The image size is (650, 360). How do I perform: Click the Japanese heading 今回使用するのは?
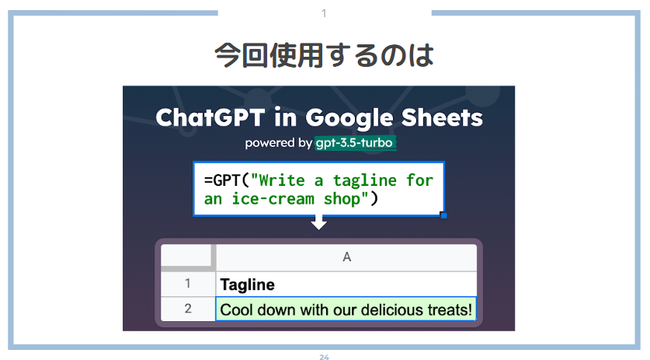coord(324,55)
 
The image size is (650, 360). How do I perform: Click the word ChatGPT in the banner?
coord(210,117)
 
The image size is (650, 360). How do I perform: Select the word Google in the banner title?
coord(349,118)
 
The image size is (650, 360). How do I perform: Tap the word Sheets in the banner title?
coord(442,117)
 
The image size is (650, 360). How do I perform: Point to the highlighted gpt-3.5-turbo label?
coord(355,143)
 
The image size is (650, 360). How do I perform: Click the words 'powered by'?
coord(278,143)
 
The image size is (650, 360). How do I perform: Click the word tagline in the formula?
coord(365,180)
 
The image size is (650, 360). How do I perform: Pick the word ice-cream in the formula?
coord(273,199)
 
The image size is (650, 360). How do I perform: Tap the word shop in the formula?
coord(342,199)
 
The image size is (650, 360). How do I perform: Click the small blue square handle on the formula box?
coord(443,215)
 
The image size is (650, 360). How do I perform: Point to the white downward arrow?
coord(318,222)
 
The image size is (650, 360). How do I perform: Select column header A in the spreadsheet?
coord(347,257)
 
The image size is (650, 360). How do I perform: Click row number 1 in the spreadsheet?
coord(188,284)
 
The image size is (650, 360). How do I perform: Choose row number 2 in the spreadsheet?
coord(188,309)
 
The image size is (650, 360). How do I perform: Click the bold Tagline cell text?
coord(248,285)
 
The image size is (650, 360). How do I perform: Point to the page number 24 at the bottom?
coord(324,357)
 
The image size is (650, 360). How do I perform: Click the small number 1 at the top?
coord(324,14)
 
